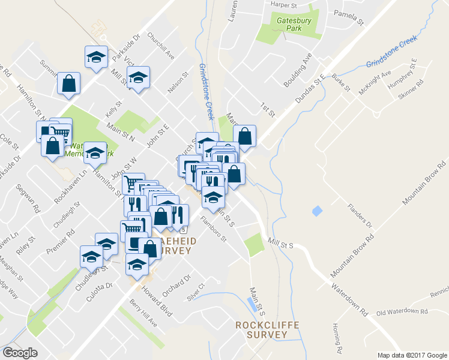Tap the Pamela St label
pyautogui.click(x=349, y=18)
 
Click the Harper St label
pyautogui.click(x=285, y=4)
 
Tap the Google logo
pyautogui.click(x=20, y=352)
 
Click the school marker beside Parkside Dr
pyautogui.click(x=96, y=58)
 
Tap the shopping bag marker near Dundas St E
pyautogui.click(x=244, y=136)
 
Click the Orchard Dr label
pyautogui.click(x=179, y=283)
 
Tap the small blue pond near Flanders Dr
pyautogui.click(x=317, y=211)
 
